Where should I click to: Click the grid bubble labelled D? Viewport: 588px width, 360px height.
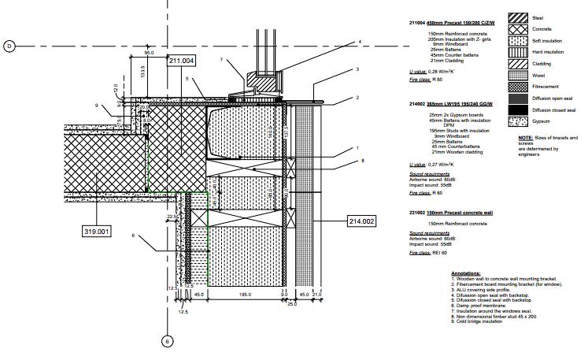point(10,46)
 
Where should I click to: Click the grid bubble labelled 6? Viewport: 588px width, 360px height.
point(167,341)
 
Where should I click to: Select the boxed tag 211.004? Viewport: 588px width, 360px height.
point(181,61)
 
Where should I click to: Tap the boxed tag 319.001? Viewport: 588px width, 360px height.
point(97,231)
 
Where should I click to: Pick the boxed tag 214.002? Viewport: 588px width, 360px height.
point(362,221)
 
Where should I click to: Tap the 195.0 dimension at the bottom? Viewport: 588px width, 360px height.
point(245,295)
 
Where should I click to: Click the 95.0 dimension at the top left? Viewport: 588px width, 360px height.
point(149,54)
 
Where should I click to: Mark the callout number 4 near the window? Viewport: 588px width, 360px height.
point(359,42)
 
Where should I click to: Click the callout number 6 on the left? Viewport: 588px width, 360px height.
point(133,236)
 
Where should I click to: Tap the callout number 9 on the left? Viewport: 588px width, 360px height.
point(98,106)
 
